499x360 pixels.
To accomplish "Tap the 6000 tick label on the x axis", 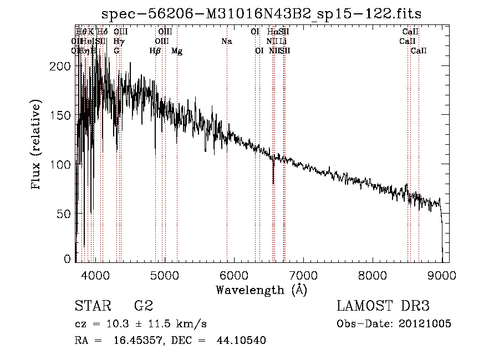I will (233, 275).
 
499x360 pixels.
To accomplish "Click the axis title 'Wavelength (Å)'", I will (261, 290).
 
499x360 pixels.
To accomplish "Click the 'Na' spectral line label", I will (226, 42).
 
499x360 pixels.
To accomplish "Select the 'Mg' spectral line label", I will (177, 51).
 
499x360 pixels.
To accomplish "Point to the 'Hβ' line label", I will (155, 51).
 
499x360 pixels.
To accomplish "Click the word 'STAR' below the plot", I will (91, 306).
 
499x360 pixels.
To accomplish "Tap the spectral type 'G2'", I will (143, 306).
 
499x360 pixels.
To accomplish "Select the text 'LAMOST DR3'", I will (383, 306).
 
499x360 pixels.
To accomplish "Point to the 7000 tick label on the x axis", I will (303, 275).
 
